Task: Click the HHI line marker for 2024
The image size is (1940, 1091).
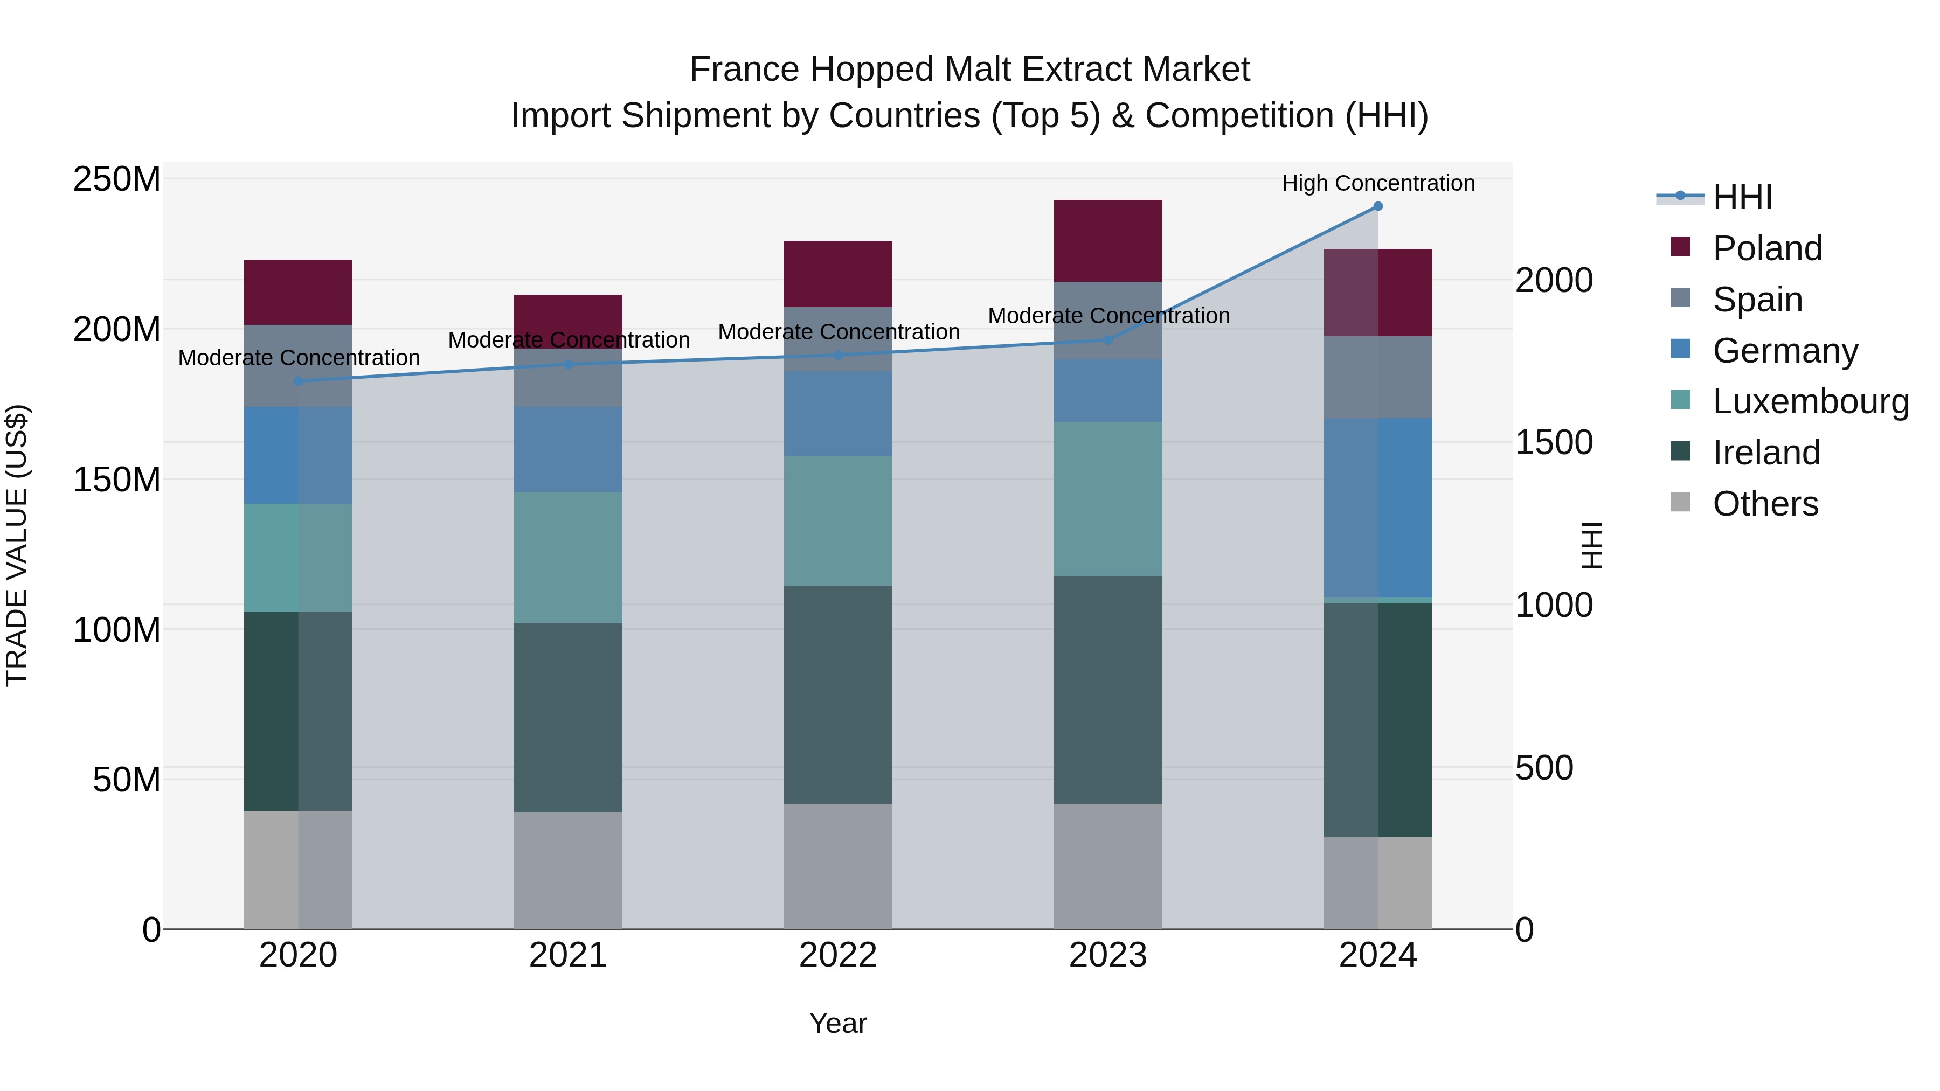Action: click(x=1377, y=206)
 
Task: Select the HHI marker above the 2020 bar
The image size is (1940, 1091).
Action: click(x=298, y=381)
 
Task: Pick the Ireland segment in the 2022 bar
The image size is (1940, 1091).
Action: click(x=837, y=694)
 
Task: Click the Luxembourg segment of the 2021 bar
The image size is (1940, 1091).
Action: click(x=568, y=557)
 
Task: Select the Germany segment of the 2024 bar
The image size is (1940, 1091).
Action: click(x=1377, y=508)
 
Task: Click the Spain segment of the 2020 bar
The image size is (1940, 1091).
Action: click(x=298, y=366)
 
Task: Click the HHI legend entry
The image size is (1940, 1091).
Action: click(x=1742, y=197)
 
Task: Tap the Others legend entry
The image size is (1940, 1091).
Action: click(x=1764, y=504)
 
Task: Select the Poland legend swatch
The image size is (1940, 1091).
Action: click(x=1680, y=247)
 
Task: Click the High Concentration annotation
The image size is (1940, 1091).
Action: click(x=1377, y=183)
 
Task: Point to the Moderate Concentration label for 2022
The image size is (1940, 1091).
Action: click(x=838, y=331)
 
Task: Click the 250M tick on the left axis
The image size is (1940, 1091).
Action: click(x=117, y=179)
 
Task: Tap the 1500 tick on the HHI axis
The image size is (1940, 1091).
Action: click(x=1553, y=443)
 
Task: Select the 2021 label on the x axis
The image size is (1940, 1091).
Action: click(x=568, y=955)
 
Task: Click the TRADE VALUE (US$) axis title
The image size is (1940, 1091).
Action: click(x=17, y=545)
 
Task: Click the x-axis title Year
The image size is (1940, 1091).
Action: click(x=837, y=1023)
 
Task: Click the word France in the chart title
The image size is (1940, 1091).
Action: click(x=744, y=70)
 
